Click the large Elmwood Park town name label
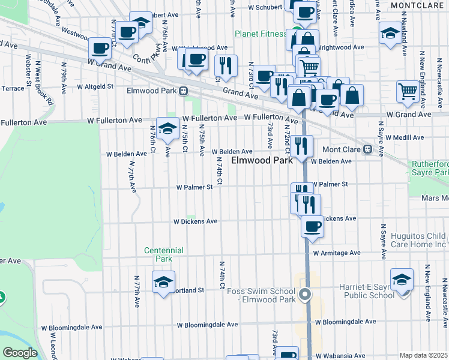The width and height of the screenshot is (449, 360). (262, 160)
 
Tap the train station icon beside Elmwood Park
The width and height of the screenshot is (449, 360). (184, 91)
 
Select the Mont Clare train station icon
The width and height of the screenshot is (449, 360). (372, 149)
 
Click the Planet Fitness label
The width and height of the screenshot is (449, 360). (261, 34)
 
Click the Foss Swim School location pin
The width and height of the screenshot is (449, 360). (306, 294)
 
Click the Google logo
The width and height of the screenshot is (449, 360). (20, 352)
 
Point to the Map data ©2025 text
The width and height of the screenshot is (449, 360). (423, 355)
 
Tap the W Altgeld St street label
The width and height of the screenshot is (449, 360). (93, 86)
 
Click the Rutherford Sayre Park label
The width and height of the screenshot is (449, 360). (430, 168)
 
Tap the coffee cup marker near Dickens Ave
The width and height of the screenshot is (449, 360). (312, 227)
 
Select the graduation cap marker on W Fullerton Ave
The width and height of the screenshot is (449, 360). (167, 128)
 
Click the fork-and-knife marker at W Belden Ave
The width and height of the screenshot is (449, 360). (301, 145)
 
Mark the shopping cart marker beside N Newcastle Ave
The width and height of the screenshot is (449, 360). (408, 91)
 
